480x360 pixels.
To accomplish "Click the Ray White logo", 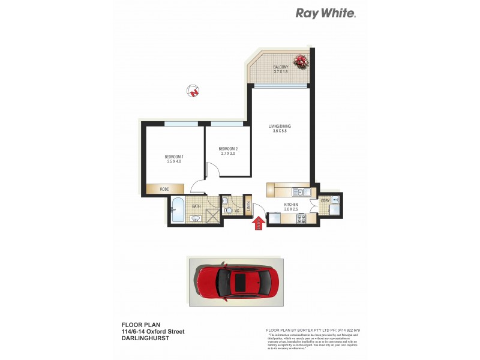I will (x=325, y=13).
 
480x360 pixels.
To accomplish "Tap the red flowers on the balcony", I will (x=300, y=60).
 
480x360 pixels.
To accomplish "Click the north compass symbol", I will (x=193, y=91).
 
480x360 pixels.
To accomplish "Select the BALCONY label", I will (x=281, y=67).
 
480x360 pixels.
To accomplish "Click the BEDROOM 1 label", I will (x=173, y=157).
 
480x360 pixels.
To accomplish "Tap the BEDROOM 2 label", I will (x=228, y=149).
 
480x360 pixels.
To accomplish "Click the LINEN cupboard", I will (x=247, y=208).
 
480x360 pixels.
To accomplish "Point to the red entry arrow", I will (x=259, y=223).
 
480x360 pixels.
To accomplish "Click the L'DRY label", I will (x=325, y=200).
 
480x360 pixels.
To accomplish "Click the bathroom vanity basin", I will (x=196, y=219).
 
